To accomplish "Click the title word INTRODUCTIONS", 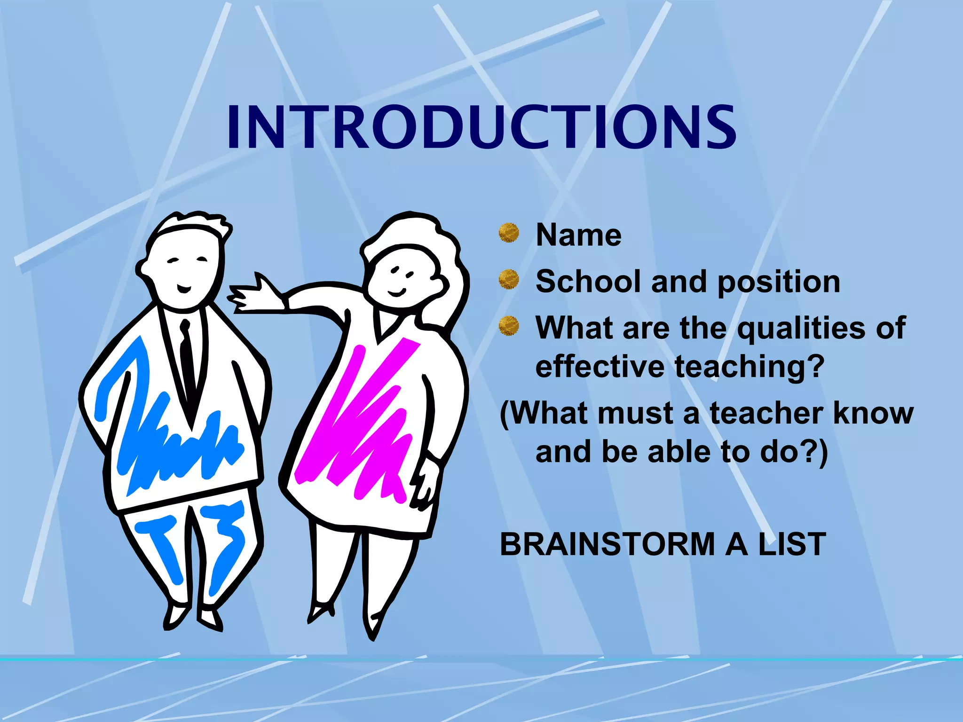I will pyautogui.click(x=481, y=128).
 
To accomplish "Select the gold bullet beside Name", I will pyautogui.click(x=509, y=233).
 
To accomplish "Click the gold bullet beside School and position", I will pyautogui.click(x=509, y=279).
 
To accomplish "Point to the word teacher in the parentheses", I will pyautogui.click(x=766, y=414).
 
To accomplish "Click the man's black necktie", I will pyautogui.click(x=187, y=357).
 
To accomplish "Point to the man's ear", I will pyautogui.click(x=143, y=270).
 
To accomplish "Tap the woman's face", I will pyautogui.click(x=402, y=277).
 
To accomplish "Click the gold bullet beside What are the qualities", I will pyautogui.click(x=509, y=326).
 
